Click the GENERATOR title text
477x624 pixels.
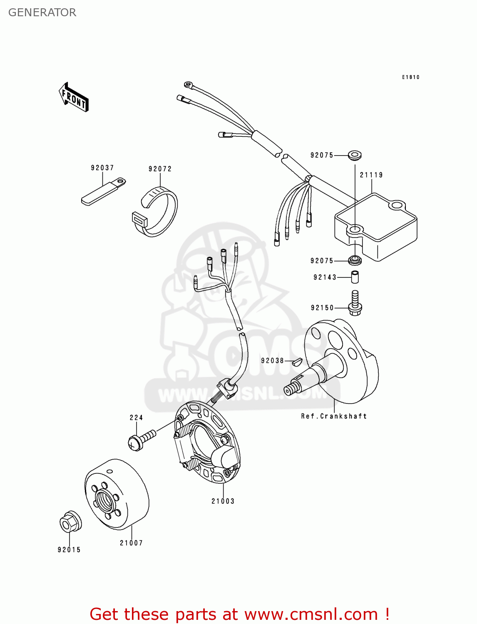(x=42, y=12)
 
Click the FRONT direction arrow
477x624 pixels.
(x=74, y=97)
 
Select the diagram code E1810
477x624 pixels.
(x=410, y=77)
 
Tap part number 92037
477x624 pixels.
(x=102, y=168)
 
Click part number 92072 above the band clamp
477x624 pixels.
(x=160, y=169)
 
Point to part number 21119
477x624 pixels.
(x=371, y=175)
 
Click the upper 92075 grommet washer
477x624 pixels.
(x=354, y=155)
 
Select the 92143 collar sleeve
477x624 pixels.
(x=355, y=277)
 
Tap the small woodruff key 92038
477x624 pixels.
(x=296, y=361)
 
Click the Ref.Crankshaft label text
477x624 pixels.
(x=334, y=416)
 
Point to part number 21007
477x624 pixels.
(x=132, y=543)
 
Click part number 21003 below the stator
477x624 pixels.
(x=223, y=501)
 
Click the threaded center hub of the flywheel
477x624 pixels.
(x=105, y=499)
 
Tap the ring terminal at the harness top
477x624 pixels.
(x=189, y=85)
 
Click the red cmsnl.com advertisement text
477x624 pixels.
(x=239, y=614)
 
